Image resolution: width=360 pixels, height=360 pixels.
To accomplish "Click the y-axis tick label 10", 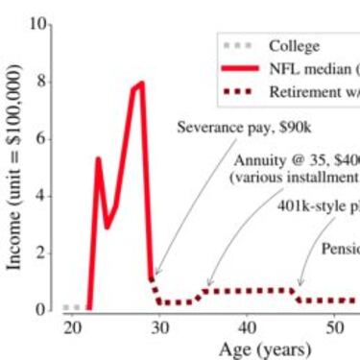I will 39,24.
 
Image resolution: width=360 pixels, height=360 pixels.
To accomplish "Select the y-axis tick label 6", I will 43,138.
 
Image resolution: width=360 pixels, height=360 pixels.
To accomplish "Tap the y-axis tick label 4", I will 43,196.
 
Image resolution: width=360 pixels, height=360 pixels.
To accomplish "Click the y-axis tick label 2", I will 43,253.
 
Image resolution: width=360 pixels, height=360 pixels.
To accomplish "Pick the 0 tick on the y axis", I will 43,310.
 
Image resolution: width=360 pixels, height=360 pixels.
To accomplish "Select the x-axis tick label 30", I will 159,327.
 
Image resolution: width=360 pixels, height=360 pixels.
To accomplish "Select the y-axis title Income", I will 15,168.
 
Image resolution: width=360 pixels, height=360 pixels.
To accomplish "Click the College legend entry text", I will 294,45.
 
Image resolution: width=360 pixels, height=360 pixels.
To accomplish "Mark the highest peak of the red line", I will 142,83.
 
